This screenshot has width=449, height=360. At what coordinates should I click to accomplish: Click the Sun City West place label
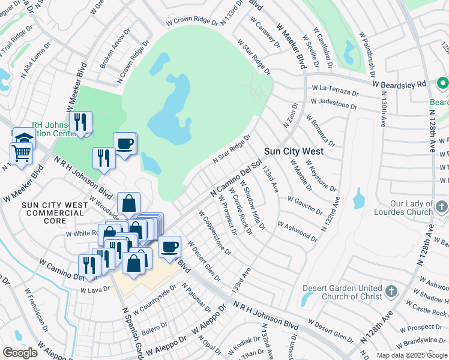pyautogui.click(x=294, y=151)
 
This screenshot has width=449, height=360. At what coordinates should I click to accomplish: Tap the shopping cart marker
pyautogui.click(x=21, y=153)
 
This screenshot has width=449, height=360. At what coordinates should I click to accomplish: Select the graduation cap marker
pyautogui.click(x=24, y=137)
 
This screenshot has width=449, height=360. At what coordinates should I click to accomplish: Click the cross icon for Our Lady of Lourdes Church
pyautogui.click(x=441, y=208)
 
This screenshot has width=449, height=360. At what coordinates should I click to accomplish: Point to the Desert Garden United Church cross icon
pyautogui.click(x=391, y=292)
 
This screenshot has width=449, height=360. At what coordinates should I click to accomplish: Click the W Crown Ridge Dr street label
pyautogui.click(x=193, y=20)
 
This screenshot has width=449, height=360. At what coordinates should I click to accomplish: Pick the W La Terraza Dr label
pyautogui.click(x=334, y=91)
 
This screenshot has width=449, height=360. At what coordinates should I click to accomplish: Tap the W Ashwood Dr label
pyautogui.click(x=297, y=231)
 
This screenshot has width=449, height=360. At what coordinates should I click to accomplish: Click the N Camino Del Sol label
pyautogui.click(x=236, y=176)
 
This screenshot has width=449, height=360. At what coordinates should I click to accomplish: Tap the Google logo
pyautogui.click(x=20, y=353)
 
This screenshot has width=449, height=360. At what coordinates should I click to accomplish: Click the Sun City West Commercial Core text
pyautogui.click(x=55, y=213)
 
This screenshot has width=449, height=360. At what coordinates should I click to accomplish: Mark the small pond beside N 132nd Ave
pyautogui.click(x=359, y=199)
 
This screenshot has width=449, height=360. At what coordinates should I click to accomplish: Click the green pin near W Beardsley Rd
pyautogui.click(x=444, y=83)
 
